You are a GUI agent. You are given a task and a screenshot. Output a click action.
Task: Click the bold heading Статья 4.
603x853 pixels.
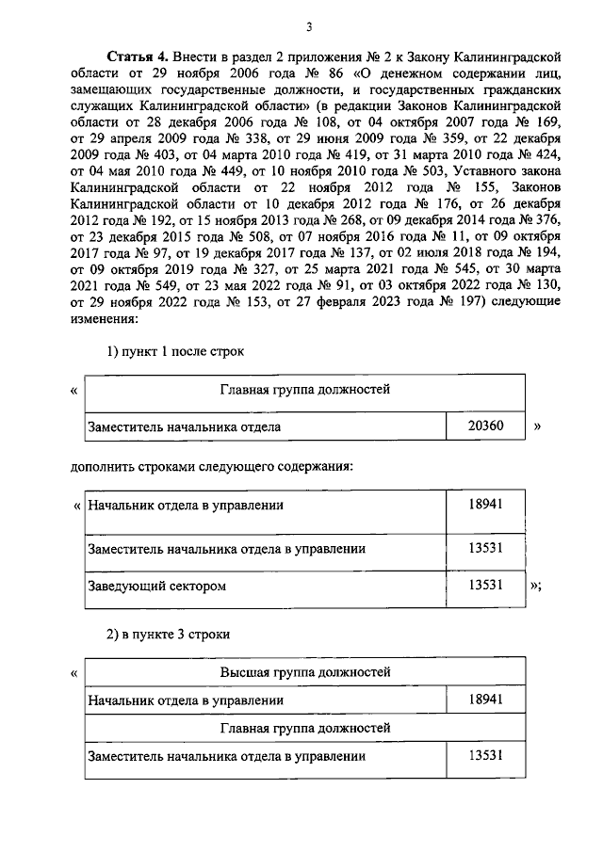[136, 56]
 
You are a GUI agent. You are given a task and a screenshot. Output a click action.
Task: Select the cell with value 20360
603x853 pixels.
[485, 426]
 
